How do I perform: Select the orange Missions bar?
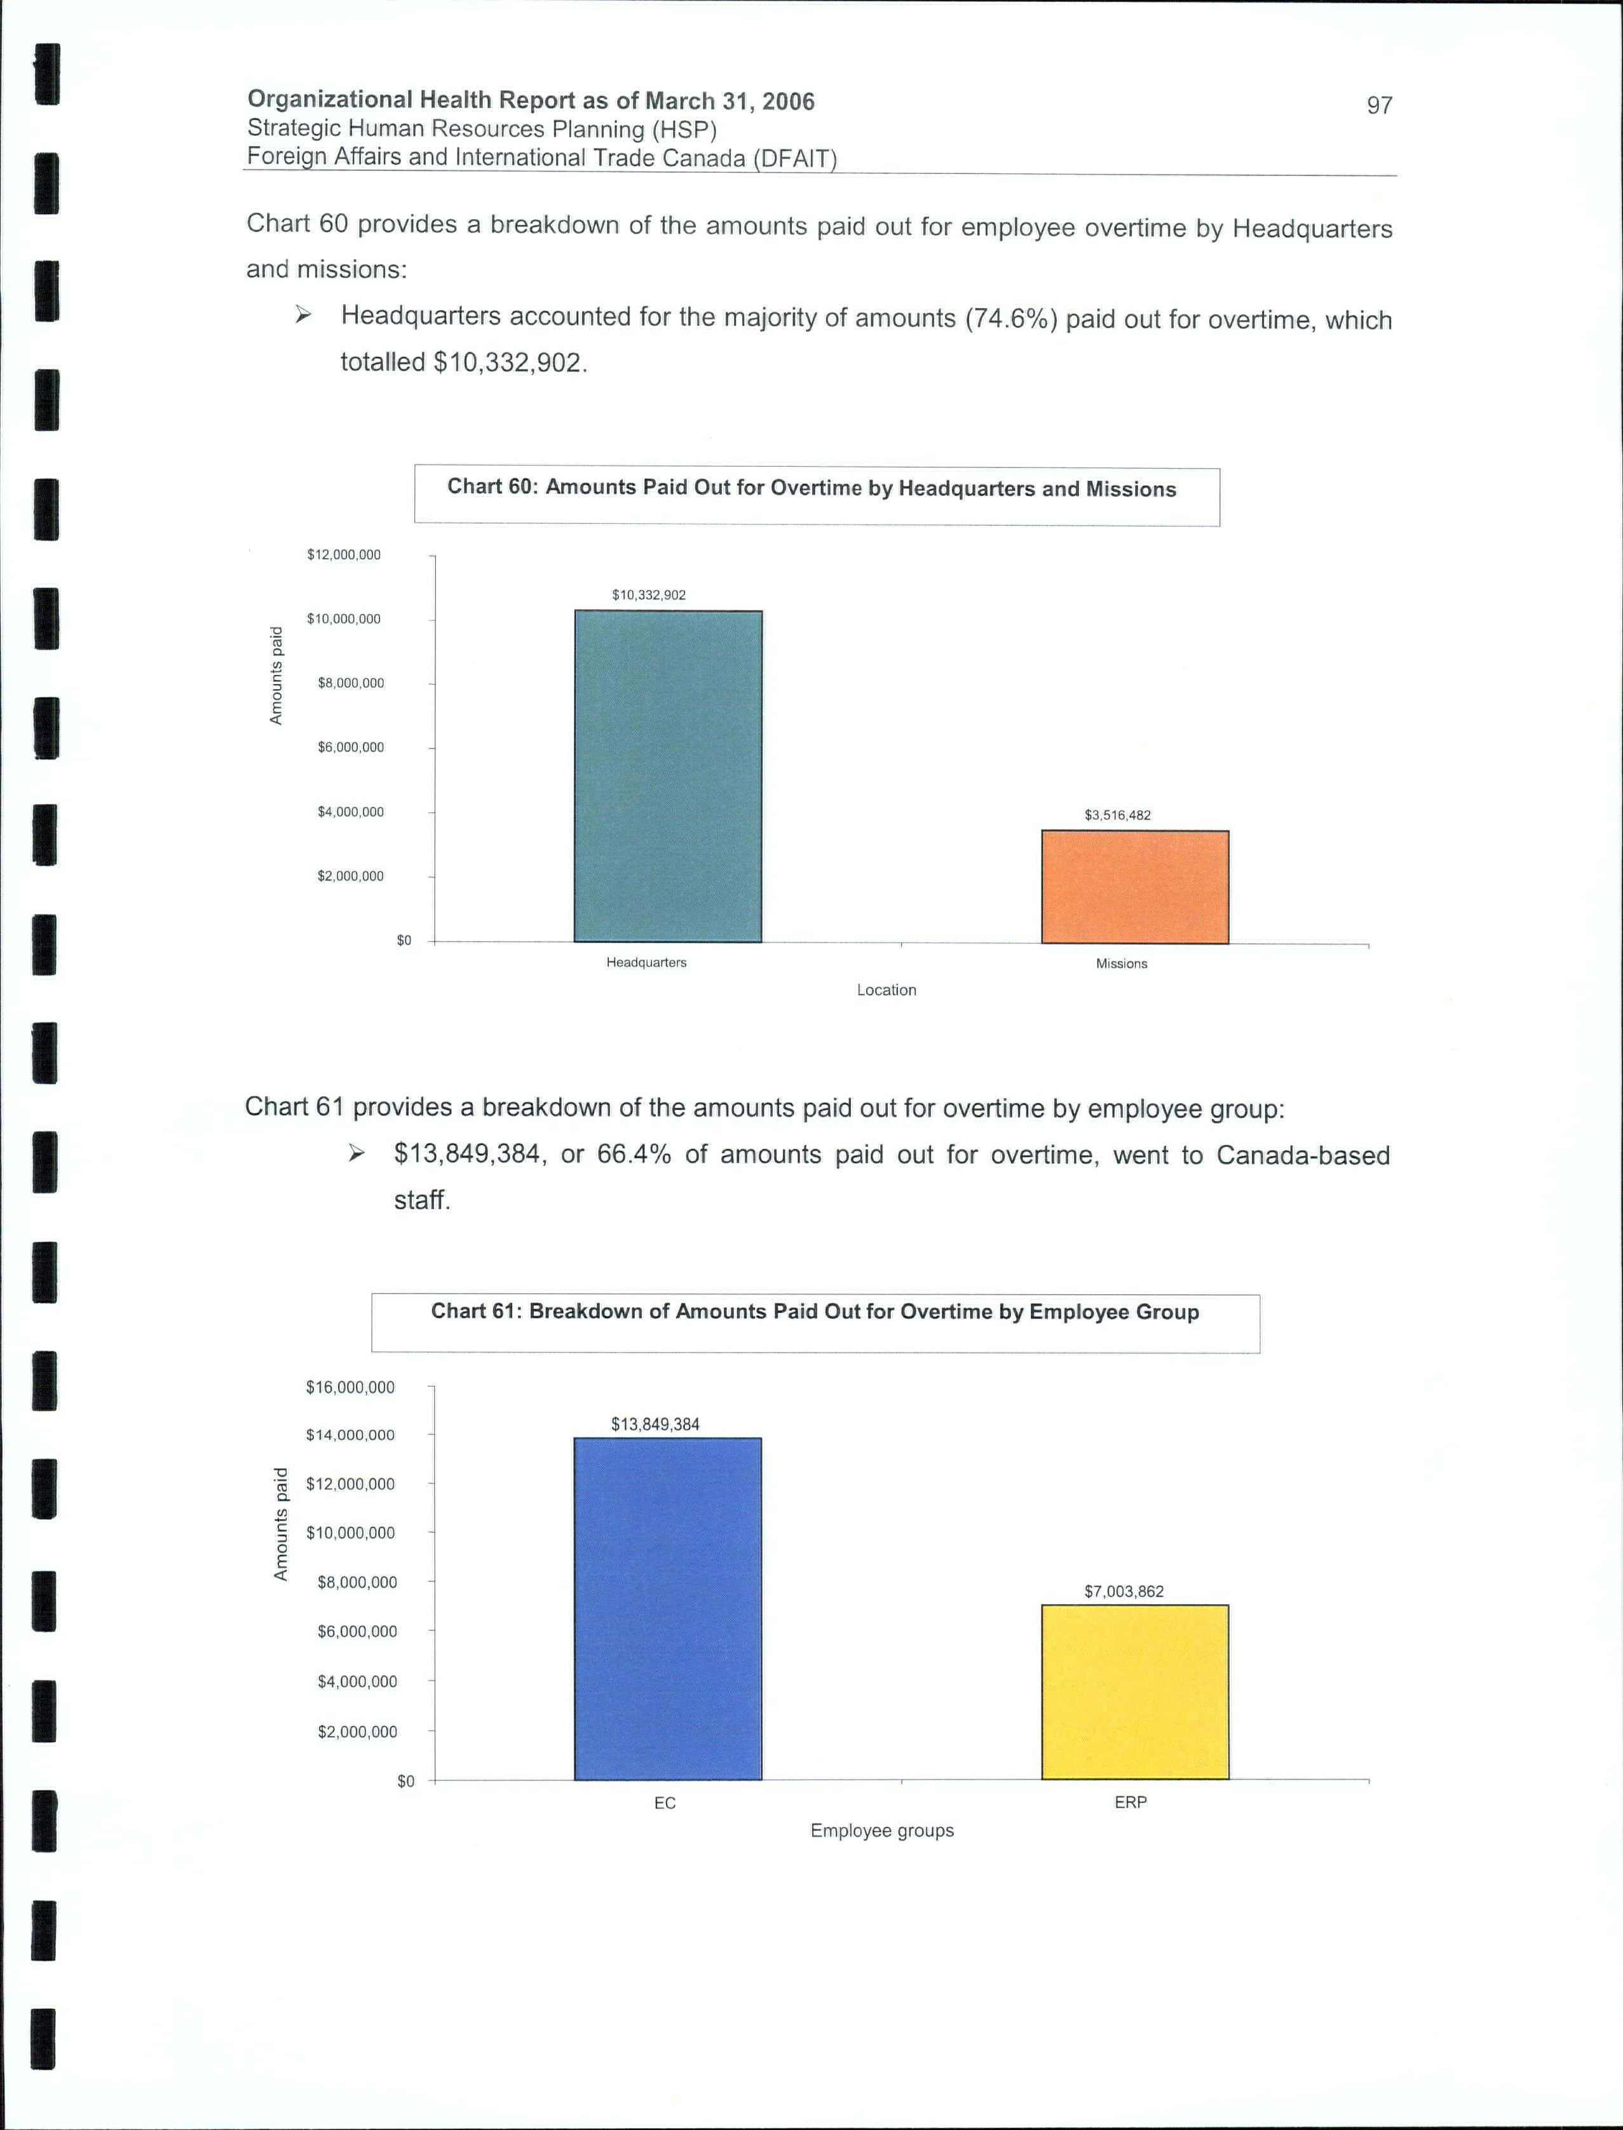1134,887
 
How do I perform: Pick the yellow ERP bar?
1134,1692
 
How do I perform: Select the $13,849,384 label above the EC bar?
655,1424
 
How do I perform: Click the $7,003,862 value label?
1124,1591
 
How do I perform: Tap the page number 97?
1378,105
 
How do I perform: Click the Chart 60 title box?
817,496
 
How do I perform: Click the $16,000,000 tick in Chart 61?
350,1388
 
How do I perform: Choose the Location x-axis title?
886,989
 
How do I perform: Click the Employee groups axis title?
882,1831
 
